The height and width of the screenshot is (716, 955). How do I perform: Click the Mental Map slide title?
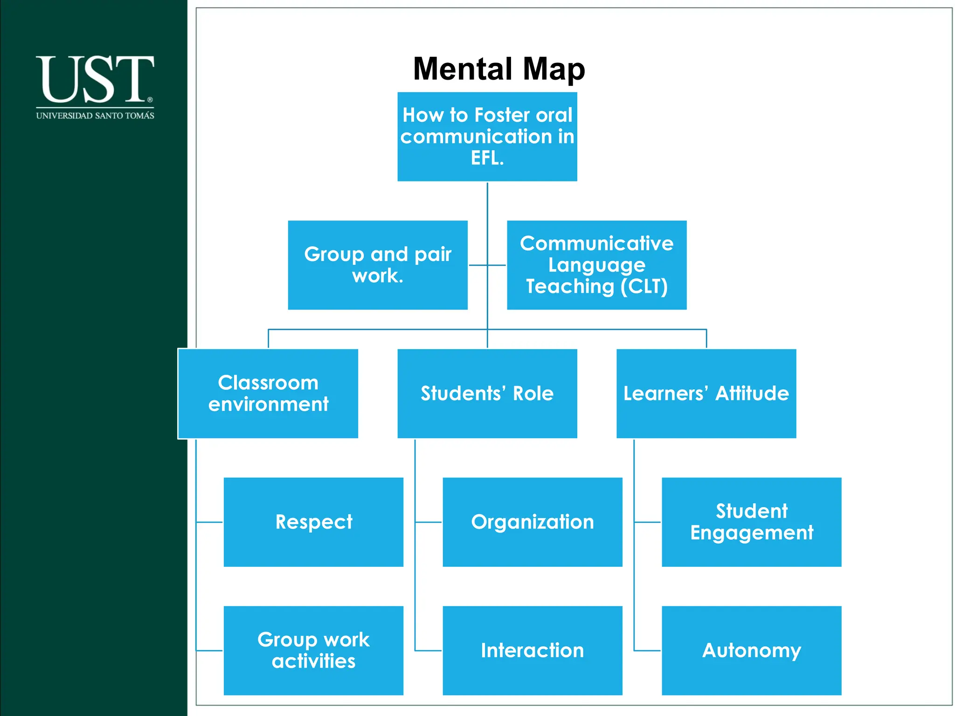point(498,69)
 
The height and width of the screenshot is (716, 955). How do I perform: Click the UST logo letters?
point(95,79)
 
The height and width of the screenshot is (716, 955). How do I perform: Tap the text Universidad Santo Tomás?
point(95,116)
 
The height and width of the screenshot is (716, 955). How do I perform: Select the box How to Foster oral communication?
point(487,136)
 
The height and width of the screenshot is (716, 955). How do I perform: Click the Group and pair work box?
point(377,265)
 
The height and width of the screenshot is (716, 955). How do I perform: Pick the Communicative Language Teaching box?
point(596,265)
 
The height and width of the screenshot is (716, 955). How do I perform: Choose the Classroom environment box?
point(268,393)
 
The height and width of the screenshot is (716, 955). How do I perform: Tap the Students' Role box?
point(487,393)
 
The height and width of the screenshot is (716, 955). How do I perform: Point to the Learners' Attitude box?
point(706,393)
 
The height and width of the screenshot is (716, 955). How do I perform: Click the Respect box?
point(313,522)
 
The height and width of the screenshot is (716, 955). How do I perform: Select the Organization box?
point(532,522)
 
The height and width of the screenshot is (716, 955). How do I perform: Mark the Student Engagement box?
point(751,522)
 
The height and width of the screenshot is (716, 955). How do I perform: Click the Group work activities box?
point(313,650)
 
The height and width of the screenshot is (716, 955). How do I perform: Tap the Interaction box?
point(532,650)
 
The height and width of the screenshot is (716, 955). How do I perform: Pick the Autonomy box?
point(751,650)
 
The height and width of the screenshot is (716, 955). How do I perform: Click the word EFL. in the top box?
point(487,158)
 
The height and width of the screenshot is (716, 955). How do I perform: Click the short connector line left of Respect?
point(209,522)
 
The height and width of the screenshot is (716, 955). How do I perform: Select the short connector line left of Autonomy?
point(647,650)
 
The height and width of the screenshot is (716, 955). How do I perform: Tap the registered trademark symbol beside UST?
point(150,99)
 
